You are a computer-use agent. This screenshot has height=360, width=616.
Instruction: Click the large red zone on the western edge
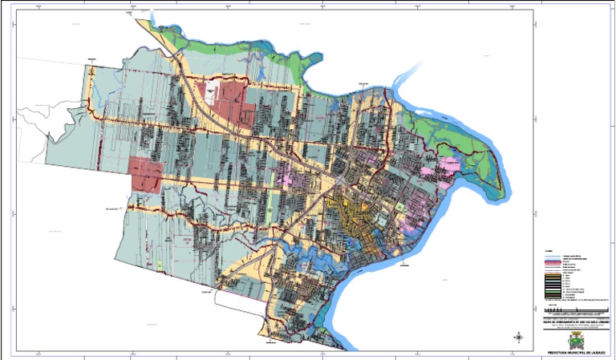(145, 173)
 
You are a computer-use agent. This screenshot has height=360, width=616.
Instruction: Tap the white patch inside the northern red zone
(214, 91)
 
